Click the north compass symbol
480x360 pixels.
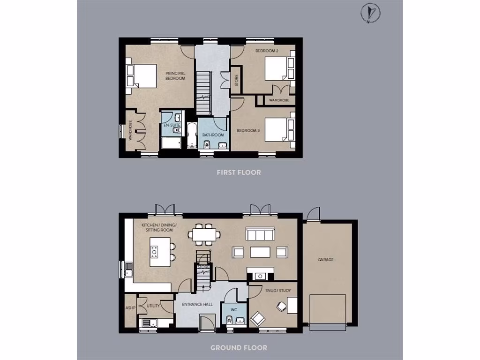371,13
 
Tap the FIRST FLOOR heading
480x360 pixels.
239,172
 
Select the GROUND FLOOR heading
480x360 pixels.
239,348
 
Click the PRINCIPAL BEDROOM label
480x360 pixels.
175,76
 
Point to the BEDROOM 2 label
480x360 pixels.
265,50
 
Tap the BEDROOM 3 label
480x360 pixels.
248,130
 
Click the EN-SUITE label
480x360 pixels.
172,126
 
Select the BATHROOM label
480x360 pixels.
213,135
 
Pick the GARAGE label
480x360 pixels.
325,259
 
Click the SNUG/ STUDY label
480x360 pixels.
278,291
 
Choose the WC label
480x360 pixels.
235,310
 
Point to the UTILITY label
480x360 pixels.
153,306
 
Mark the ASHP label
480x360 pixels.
130,308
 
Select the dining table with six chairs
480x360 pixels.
204,234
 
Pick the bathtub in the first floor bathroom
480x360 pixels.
192,136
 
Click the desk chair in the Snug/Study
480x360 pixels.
281,306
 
